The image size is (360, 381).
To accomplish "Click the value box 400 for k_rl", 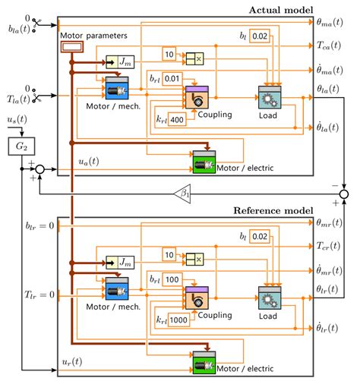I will pyautogui.click(x=176, y=119).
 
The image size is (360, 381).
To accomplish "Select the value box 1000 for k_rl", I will pyautogui.click(x=177, y=320).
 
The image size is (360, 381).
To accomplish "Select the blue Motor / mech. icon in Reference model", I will pyautogui.click(x=117, y=290).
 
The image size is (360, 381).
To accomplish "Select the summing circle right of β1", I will pyautogui.click(x=343, y=195).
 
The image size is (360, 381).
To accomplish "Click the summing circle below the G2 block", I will pyautogui.click(x=42, y=169).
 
